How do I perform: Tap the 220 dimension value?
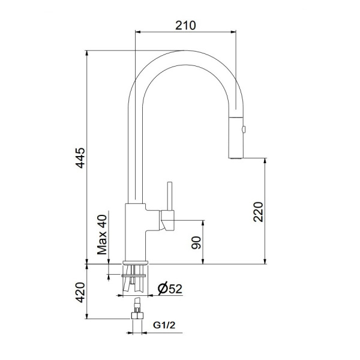point(259,211)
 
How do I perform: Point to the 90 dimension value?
point(196,244)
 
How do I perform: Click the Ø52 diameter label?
point(169,289)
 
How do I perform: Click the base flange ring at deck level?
point(136,263)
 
